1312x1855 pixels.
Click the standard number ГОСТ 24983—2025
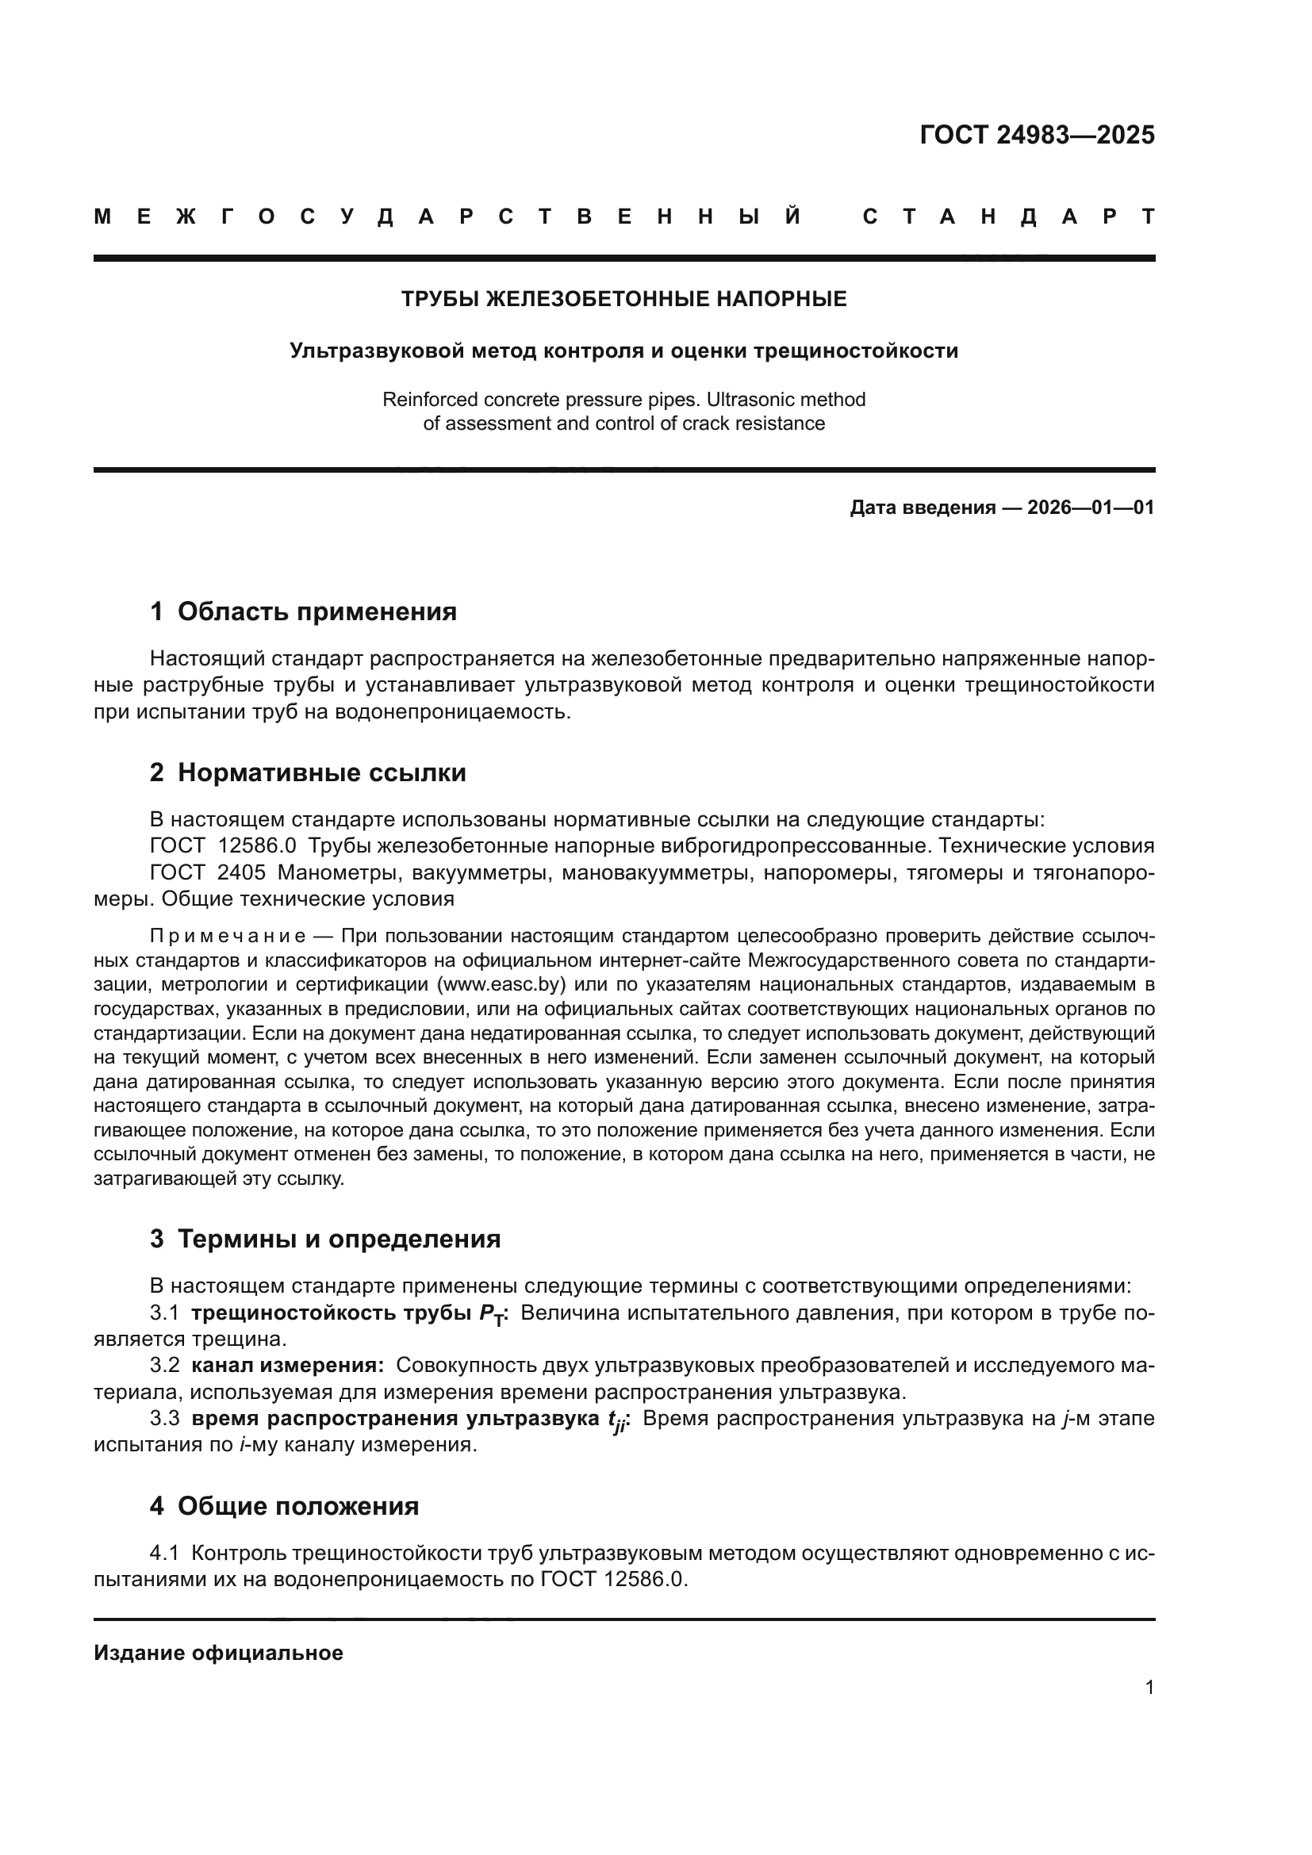tap(1037, 135)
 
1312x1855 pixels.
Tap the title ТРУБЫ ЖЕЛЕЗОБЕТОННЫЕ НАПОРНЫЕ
tap(623, 299)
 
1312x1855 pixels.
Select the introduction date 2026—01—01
tap(1090, 508)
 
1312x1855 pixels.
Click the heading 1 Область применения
tap(303, 611)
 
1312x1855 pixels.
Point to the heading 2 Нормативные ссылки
tap(308, 772)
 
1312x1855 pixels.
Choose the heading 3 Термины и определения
tap(324, 1239)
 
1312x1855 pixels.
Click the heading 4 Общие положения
tap(285, 1506)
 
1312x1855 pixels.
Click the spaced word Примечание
tap(228, 937)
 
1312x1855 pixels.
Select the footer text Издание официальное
tap(218, 1653)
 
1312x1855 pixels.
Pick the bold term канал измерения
tap(287, 1366)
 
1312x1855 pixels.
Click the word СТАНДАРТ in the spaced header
tap(1009, 217)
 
